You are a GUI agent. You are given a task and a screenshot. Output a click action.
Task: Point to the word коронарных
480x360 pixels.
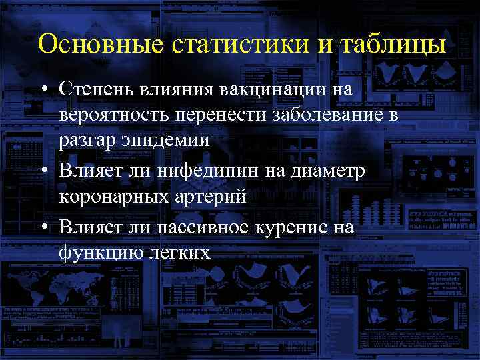coord(115,198)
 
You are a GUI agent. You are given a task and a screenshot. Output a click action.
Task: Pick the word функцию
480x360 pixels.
coord(95,253)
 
